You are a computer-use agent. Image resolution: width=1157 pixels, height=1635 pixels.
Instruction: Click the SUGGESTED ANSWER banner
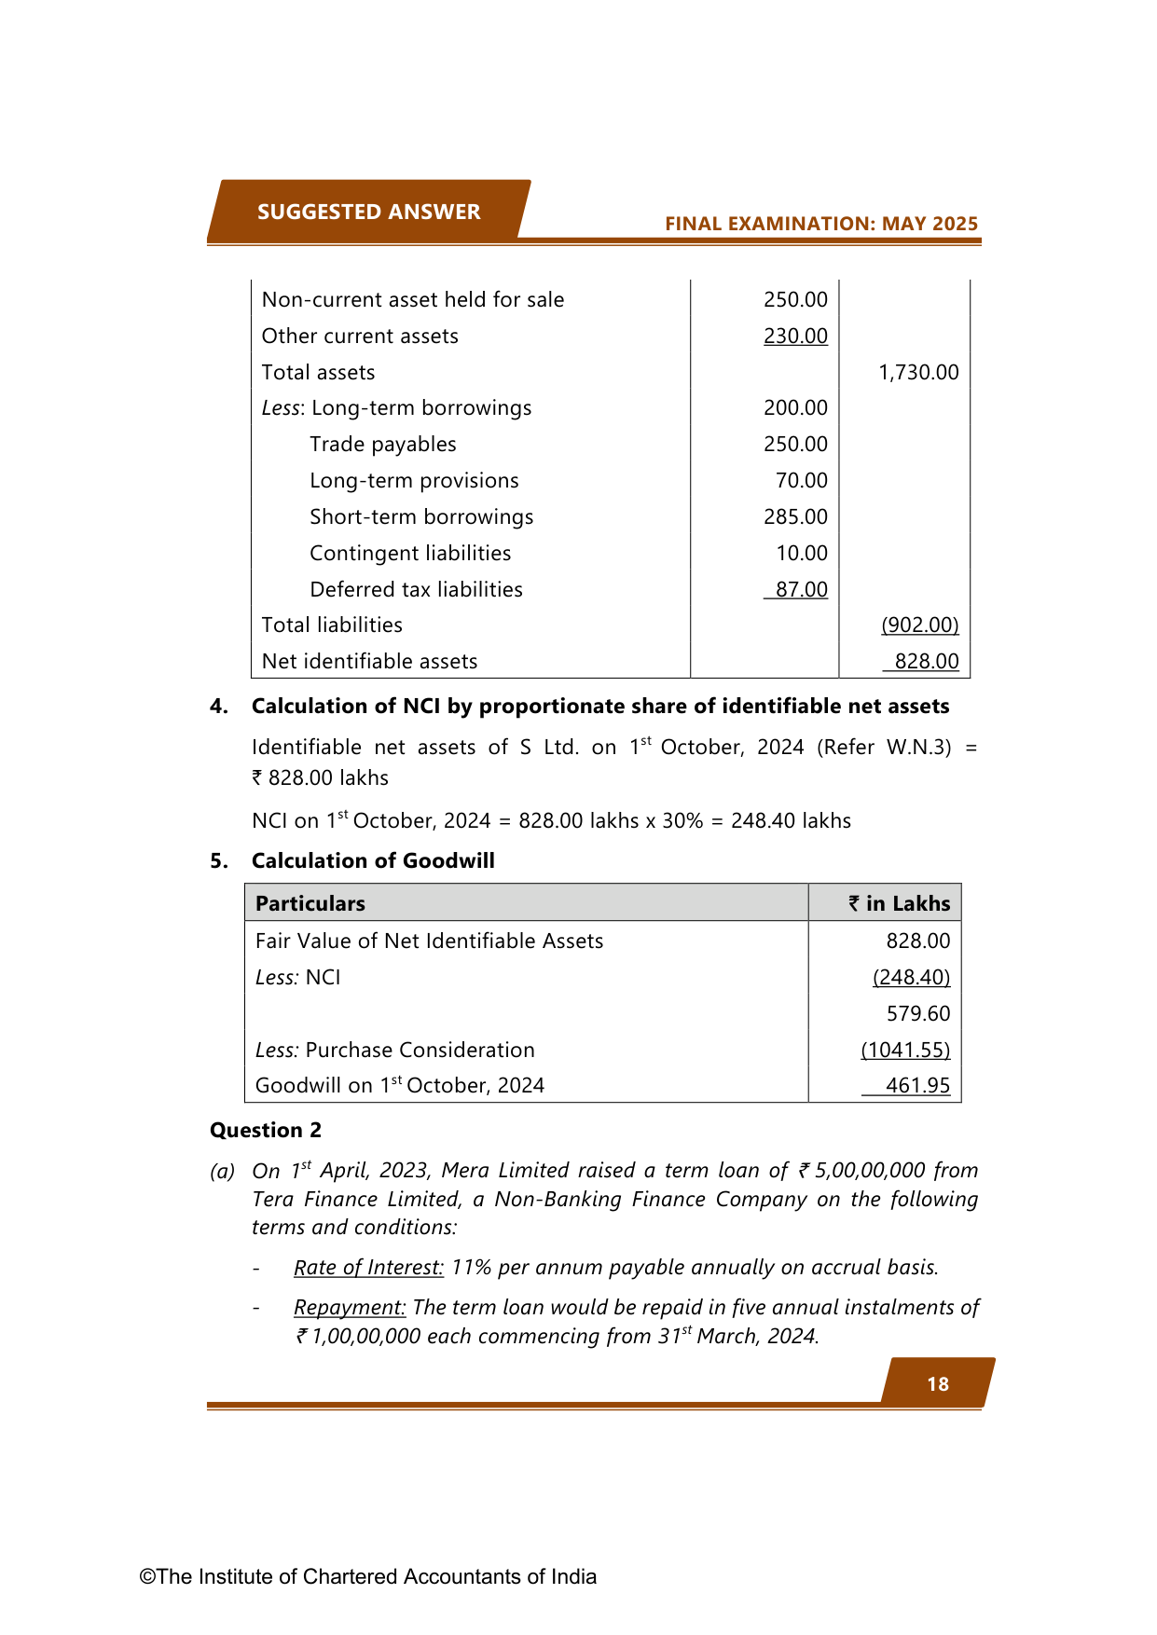click(x=368, y=212)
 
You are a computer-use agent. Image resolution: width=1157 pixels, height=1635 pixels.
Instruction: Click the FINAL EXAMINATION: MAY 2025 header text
click(x=821, y=224)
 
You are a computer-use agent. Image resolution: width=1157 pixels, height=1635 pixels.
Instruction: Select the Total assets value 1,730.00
click(x=918, y=372)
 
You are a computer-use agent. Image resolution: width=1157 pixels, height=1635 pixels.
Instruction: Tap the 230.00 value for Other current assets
click(x=795, y=336)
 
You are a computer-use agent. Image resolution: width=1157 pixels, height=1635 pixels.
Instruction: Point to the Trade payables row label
click(x=382, y=445)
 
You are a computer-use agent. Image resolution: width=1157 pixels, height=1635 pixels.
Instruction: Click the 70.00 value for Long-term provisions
click(x=801, y=481)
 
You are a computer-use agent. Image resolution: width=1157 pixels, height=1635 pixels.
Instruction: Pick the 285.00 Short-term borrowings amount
click(x=795, y=517)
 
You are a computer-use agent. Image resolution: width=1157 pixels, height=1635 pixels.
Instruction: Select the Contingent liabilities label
click(x=410, y=554)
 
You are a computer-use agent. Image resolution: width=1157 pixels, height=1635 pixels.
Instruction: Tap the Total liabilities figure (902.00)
click(x=919, y=625)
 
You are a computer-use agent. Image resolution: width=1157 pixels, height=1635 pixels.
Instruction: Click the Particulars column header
click(x=310, y=903)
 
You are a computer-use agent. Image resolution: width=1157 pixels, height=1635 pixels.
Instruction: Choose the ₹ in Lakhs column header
click(x=899, y=903)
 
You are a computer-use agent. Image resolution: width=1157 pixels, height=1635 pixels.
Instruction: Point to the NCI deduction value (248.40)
click(x=911, y=977)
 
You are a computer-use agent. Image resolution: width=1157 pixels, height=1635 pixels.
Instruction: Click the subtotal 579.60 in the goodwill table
click(x=918, y=1013)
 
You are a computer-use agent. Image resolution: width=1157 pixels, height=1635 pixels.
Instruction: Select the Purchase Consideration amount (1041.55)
click(x=905, y=1051)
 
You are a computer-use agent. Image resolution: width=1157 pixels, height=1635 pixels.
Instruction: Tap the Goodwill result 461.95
click(x=917, y=1086)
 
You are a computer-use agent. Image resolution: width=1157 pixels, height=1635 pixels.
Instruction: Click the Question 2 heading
click(x=266, y=1131)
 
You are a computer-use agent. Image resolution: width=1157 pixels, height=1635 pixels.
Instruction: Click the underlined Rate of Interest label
click(x=368, y=1268)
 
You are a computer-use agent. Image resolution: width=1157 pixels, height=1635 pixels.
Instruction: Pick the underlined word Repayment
click(x=350, y=1308)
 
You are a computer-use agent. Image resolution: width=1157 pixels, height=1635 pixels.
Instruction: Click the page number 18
click(x=938, y=1384)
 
